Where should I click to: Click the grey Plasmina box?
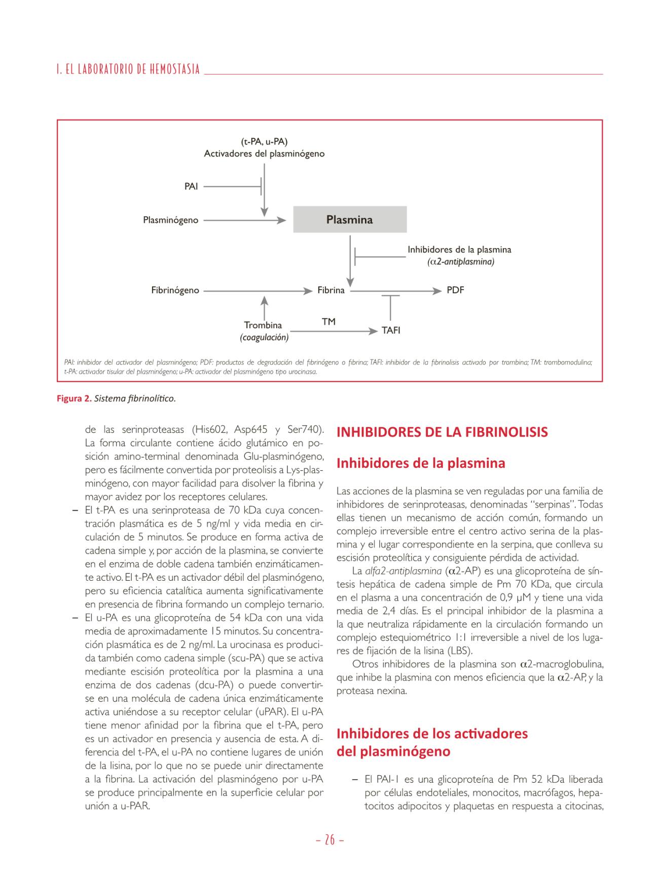[x=350, y=219]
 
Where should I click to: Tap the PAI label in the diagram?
[x=191, y=186]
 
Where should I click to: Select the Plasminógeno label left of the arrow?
[x=170, y=220]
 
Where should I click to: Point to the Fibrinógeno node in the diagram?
[x=175, y=291]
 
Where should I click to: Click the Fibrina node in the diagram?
[x=331, y=291]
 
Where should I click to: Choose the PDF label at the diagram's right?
[x=455, y=290]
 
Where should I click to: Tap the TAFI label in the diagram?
[x=391, y=331]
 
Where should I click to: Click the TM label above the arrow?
[x=328, y=322]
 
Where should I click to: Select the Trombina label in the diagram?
[x=263, y=325]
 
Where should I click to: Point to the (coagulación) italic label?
[x=264, y=337]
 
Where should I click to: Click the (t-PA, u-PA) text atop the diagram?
[x=264, y=142]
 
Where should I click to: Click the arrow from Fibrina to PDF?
[x=395, y=291]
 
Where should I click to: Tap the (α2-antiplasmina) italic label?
[x=461, y=262]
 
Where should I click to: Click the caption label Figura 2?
[x=74, y=398]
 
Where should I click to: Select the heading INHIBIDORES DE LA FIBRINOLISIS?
[x=442, y=432]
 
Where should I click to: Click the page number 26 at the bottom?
[x=329, y=840]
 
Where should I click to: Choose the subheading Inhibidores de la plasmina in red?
[x=421, y=463]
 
